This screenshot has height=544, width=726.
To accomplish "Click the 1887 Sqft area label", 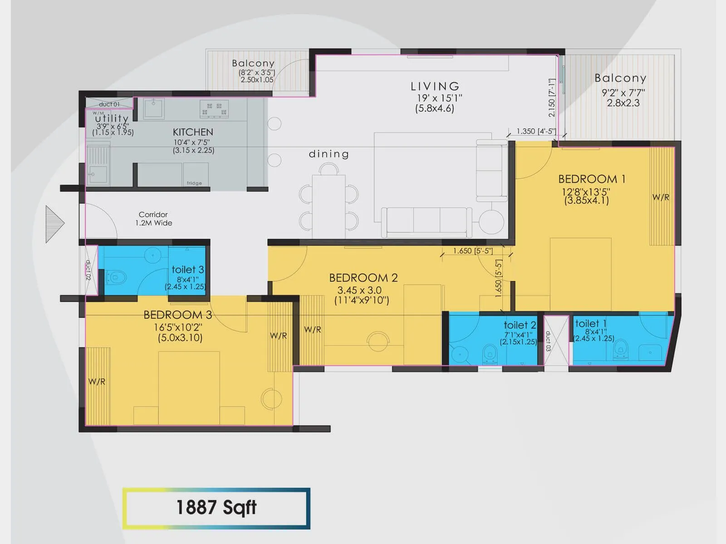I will tap(216, 508).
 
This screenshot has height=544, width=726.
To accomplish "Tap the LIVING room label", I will tap(435, 86).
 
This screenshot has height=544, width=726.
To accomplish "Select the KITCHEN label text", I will tap(193, 132).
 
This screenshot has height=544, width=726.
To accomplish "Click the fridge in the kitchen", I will tap(196, 175).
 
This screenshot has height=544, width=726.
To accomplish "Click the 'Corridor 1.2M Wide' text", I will tap(153, 219).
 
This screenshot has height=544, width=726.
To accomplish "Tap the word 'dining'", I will tap(329, 154).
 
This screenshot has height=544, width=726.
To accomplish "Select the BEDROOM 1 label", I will tap(592, 179).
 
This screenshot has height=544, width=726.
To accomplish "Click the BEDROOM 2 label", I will tap(363, 277).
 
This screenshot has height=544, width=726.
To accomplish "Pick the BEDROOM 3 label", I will tap(177, 315).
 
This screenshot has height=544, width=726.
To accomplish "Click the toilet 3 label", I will tap(187, 270).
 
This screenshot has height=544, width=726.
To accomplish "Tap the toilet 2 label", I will tap(520, 325).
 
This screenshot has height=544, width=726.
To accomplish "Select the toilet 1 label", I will tap(590, 324).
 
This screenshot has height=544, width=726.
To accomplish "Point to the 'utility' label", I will tap(112, 118).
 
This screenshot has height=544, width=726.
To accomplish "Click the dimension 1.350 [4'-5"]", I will tap(536, 131).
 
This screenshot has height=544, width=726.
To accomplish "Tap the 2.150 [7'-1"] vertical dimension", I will tap(552, 98).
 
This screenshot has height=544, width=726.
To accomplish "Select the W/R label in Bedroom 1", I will tap(661, 197).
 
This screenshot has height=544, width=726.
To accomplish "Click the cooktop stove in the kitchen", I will tap(214, 109).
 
